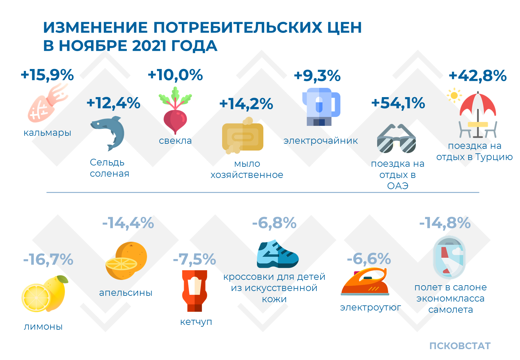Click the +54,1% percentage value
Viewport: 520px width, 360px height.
(398, 103)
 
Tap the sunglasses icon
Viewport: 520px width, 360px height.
(396, 139)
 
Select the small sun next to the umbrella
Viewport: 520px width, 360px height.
(454, 95)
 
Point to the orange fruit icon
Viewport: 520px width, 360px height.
(126, 261)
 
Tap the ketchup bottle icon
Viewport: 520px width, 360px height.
(195, 291)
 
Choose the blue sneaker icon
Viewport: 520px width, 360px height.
(277, 254)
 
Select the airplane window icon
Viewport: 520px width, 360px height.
(449, 257)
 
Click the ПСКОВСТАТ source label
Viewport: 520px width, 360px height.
(460, 346)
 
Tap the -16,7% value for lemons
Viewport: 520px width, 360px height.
(48, 260)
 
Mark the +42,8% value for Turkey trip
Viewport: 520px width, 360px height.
(477, 76)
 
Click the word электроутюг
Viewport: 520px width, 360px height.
(370, 307)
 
